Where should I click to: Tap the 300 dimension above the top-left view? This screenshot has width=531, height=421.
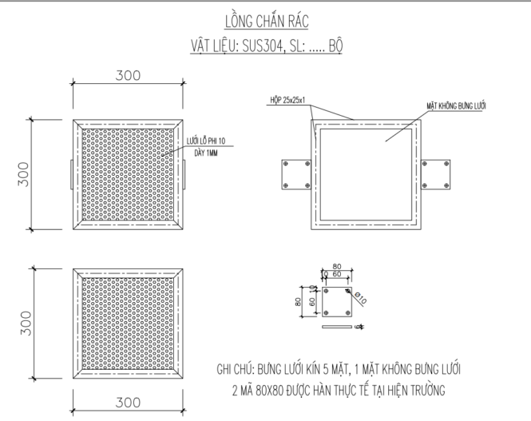click(x=128, y=76)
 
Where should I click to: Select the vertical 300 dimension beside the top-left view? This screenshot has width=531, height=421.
click(x=24, y=174)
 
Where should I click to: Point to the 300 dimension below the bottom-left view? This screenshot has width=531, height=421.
click(x=128, y=401)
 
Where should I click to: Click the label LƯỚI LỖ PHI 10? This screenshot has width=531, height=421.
click(x=205, y=141)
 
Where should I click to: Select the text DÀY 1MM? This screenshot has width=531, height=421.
click(x=204, y=152)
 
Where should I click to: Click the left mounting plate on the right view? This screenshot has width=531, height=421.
click(x=295, y=175)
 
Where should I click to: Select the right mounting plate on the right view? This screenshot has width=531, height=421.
click(x=436, y=175)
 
